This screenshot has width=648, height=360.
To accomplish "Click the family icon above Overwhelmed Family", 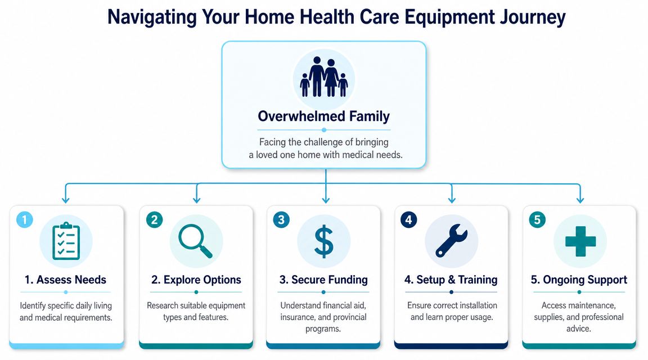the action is click(x=324, y=76).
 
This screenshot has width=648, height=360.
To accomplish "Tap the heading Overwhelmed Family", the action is click(x=323, y=116).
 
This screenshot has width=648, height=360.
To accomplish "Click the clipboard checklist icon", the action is click(x=66, y=241).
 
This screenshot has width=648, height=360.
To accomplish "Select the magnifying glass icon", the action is click(x=196, y=241).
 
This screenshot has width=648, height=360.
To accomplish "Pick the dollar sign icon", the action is click(x=323, y=241).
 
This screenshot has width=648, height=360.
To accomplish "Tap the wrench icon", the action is click(x=451, y=241).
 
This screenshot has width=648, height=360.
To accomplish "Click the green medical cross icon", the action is click(x=580, y=241).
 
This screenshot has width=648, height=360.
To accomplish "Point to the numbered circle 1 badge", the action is click(x=25, y=219).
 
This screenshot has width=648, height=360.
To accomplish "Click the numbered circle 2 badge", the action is click(x=155, y=219).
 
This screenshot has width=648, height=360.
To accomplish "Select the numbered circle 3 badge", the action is click(x=281, y=219).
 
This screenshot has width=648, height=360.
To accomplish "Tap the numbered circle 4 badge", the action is click(x=409, y=219).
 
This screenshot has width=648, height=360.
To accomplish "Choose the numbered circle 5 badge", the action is click(x=537, y=219).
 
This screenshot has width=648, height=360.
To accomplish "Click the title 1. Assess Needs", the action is click(x=65, y=280).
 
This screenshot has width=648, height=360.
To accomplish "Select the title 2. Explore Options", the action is click(x=196, y=280).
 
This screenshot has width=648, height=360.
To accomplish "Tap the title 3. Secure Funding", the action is click(x=323, y=280).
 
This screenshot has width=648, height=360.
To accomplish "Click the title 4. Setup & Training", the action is click(x=451, y=280).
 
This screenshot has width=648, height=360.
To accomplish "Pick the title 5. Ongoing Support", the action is click(x=579, y=280).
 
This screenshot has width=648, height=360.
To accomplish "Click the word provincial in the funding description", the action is click(x=346, y=317).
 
